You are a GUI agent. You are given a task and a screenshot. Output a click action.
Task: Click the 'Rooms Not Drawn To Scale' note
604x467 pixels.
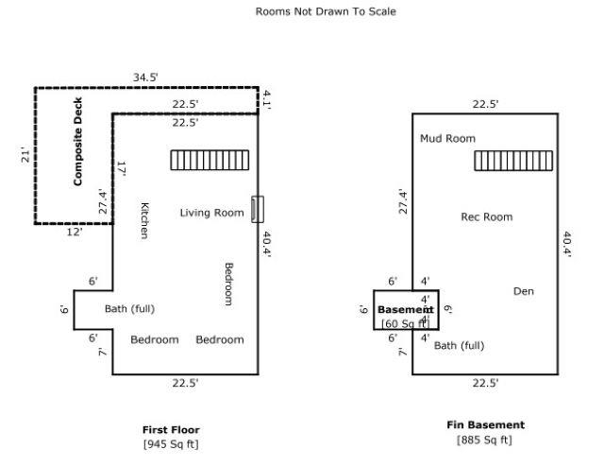pos(326,12)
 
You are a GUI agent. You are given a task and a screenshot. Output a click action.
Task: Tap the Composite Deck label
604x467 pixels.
pos(78,142)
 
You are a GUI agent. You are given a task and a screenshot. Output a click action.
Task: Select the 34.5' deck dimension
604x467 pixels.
pos(145,77)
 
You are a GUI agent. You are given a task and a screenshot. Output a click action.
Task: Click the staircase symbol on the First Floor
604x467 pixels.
pos(210,160)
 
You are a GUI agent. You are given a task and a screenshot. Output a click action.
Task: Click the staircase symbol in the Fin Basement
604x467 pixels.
pos(513,161)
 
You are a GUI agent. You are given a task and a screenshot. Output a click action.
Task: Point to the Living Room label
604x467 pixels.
pos(211,213)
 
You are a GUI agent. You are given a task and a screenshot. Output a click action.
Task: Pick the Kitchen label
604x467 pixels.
pos(144,219)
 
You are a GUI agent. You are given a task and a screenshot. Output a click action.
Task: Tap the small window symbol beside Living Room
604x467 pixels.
pos(258,209)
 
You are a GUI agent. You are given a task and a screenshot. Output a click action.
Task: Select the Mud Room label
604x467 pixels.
pos(447,139)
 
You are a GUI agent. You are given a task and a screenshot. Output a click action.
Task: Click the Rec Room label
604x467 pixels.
pos(486,216)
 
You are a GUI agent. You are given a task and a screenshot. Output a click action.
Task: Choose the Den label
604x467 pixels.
pos(523,291)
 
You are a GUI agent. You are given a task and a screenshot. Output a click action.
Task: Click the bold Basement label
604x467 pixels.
pos(405,309)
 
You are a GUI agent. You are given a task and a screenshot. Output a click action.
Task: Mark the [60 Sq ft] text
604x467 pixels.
pos(404,324)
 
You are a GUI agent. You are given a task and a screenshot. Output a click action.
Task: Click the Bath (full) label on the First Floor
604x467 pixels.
pos(129,309)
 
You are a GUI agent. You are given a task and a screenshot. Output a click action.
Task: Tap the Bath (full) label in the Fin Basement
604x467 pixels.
pos(459,345)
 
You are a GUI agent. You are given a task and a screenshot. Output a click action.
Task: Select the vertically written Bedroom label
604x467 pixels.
pos(228,284)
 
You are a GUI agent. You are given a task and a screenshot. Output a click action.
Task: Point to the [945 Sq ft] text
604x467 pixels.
pos(171,443)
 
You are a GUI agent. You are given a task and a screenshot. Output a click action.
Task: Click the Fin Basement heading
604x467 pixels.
pos(485,425)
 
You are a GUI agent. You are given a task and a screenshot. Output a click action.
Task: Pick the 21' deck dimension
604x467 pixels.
pos(25,155)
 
